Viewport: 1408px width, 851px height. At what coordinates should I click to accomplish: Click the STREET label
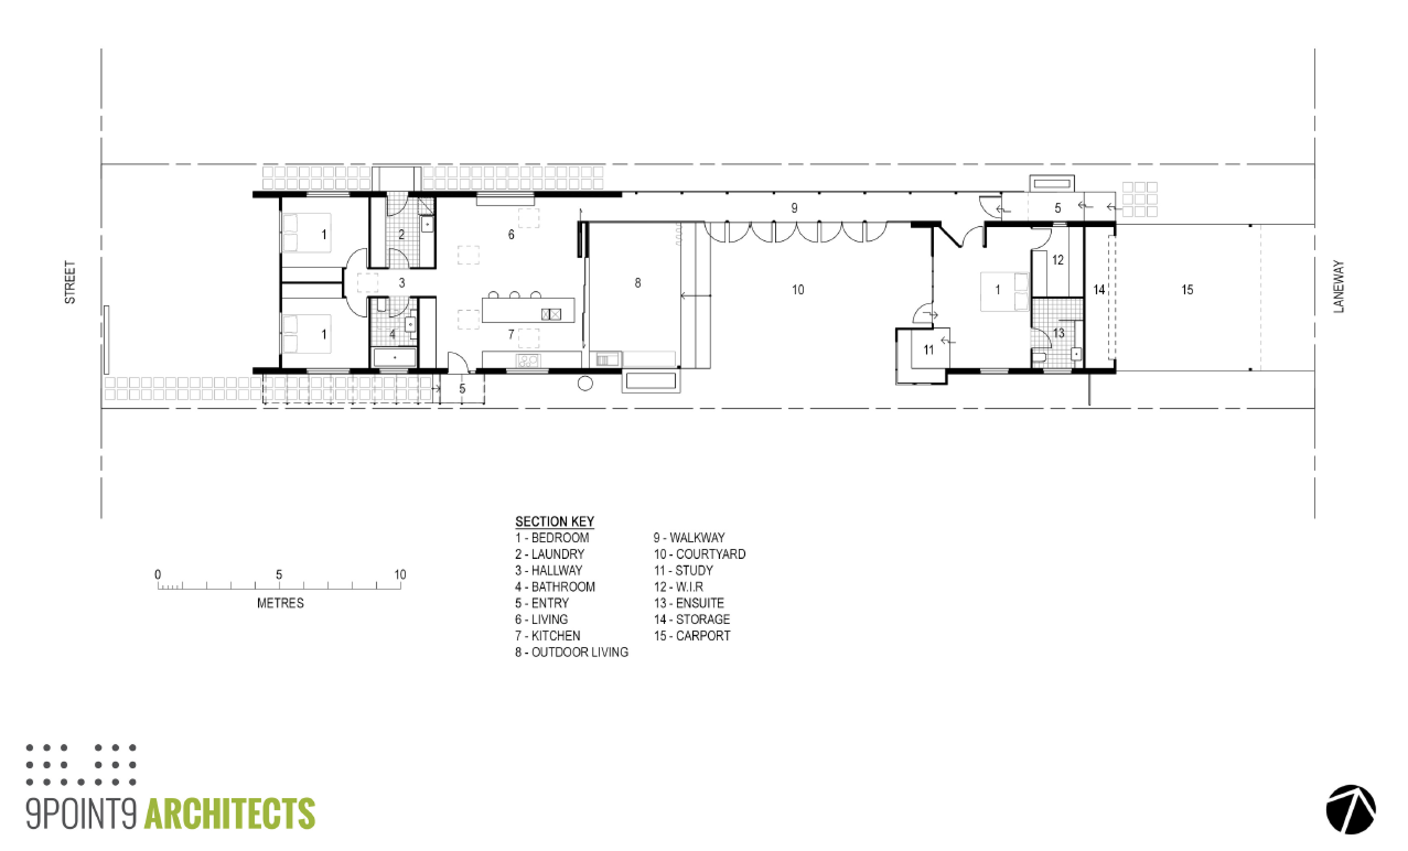(69, 282)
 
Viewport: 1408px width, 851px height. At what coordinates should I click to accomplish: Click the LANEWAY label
(1339, 286)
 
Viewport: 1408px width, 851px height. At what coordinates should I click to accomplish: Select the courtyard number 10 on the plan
(798, 289)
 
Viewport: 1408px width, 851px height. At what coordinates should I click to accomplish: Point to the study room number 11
(928, 349)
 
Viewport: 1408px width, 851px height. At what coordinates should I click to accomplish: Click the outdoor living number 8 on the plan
(638, 282)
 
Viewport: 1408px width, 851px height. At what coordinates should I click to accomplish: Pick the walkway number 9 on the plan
(794, 208)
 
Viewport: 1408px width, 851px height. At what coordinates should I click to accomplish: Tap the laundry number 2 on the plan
(402, 234)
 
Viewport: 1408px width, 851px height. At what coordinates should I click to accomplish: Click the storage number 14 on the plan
(1099, 289)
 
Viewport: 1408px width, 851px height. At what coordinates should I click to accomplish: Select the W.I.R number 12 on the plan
(1058, 260)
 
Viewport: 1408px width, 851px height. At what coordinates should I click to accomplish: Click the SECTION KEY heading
(554, 521)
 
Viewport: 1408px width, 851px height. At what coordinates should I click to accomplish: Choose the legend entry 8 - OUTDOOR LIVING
(572, 651)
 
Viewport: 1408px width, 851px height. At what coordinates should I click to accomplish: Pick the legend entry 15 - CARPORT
(692, 635)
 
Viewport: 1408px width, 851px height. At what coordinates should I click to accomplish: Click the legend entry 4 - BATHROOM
(555, 586)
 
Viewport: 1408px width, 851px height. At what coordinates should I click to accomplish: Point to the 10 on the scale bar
(400, 574)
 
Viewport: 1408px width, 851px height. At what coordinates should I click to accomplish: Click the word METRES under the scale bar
(280, 603)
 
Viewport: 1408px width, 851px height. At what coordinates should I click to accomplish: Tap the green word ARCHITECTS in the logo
(230, 814)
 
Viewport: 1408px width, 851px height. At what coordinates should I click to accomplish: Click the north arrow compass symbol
(1351, 809)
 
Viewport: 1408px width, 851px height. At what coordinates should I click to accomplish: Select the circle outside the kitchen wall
(585, 384)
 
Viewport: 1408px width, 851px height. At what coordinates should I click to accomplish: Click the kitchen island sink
(551, 314)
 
